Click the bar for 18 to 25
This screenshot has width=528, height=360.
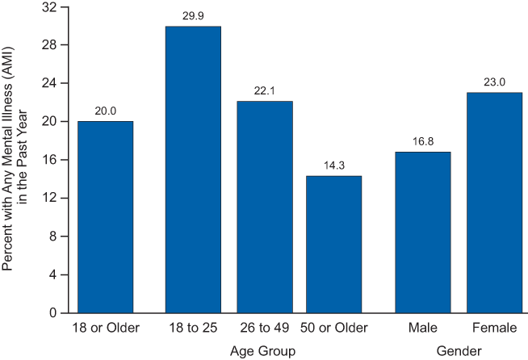tap(193, 170)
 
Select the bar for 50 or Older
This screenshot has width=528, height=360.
tap(333, 245)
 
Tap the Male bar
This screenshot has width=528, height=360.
tap(423, 232)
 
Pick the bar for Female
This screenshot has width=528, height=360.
tap(494, 203)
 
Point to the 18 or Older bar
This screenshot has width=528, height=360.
tap(106, 217)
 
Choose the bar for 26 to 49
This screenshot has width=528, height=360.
tap(265, 207)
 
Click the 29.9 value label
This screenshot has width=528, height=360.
tap(193, 16)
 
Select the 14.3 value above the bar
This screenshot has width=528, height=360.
tap(334, 165)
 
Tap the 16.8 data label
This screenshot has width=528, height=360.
tap(423, 141)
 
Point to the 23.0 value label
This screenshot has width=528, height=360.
tap(494, 82)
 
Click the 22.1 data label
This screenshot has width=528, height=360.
tap(264, 90)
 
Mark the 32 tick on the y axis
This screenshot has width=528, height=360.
tap(49, 7)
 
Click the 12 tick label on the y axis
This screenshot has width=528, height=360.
tap(49, 198)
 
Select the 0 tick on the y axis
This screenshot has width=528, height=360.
tap(53, 313)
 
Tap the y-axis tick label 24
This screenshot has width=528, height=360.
tap(49, 83)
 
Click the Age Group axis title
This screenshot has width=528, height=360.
tap(262, 351)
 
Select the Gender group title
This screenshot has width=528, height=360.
tap(459, 351)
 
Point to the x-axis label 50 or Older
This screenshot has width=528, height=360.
tap(334, 328)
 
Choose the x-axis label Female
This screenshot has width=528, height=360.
tap(494, 328)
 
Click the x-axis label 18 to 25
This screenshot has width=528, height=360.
tap(193, 328)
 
